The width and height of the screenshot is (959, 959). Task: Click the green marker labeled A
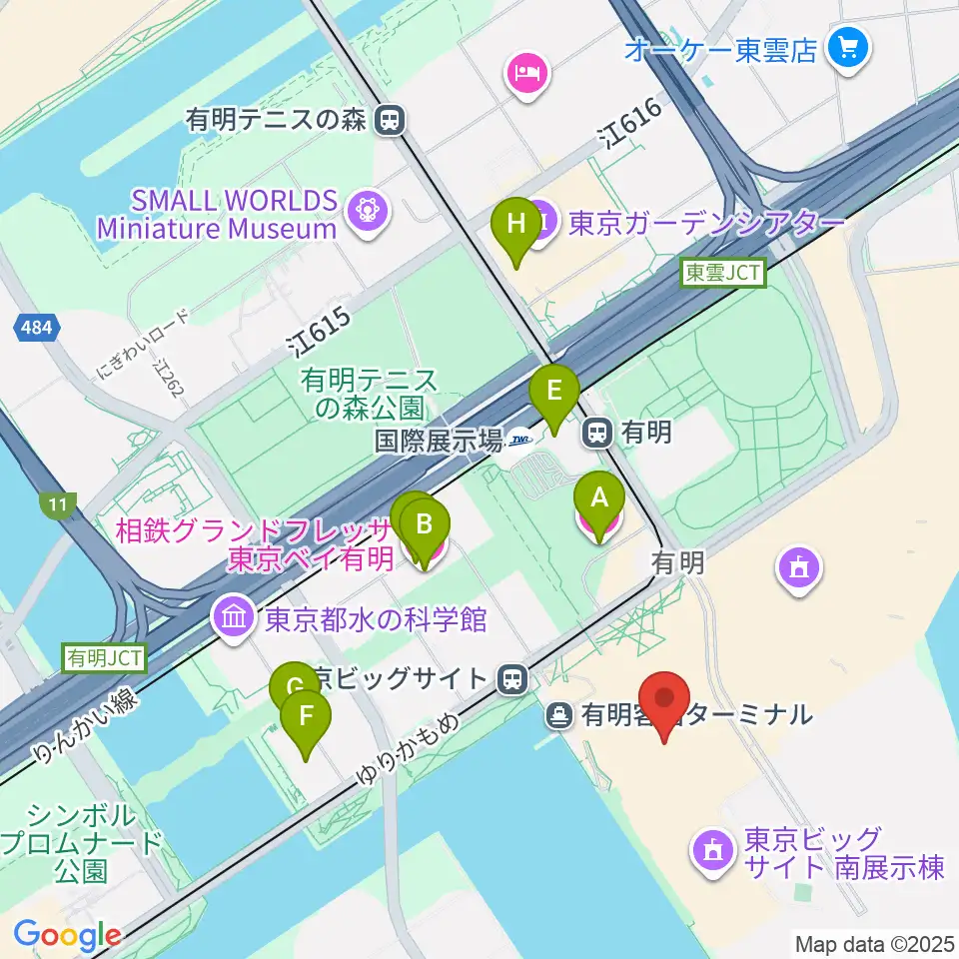(x=598, y=496)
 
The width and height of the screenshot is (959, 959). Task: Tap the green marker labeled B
(x=424, y=523)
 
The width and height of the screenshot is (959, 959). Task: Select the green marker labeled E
(x=553, y=390)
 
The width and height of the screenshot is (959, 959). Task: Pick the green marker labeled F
(x=306, y=716)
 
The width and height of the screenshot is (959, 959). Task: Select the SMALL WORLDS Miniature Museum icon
(x=365, y=212)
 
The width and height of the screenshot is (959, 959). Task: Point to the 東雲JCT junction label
(x=723, y=272)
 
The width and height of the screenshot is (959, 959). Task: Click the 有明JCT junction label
(x=105, y=657)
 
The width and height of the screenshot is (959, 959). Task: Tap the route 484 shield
(x=39, y=328)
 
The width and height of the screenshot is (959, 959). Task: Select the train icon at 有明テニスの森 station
(x=390, y=121)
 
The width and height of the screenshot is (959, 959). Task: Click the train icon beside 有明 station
(x=597, y=433)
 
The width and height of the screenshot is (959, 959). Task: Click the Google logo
(x=67, y=936)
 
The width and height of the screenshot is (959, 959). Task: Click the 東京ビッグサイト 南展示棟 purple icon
(x=712, y=852)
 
